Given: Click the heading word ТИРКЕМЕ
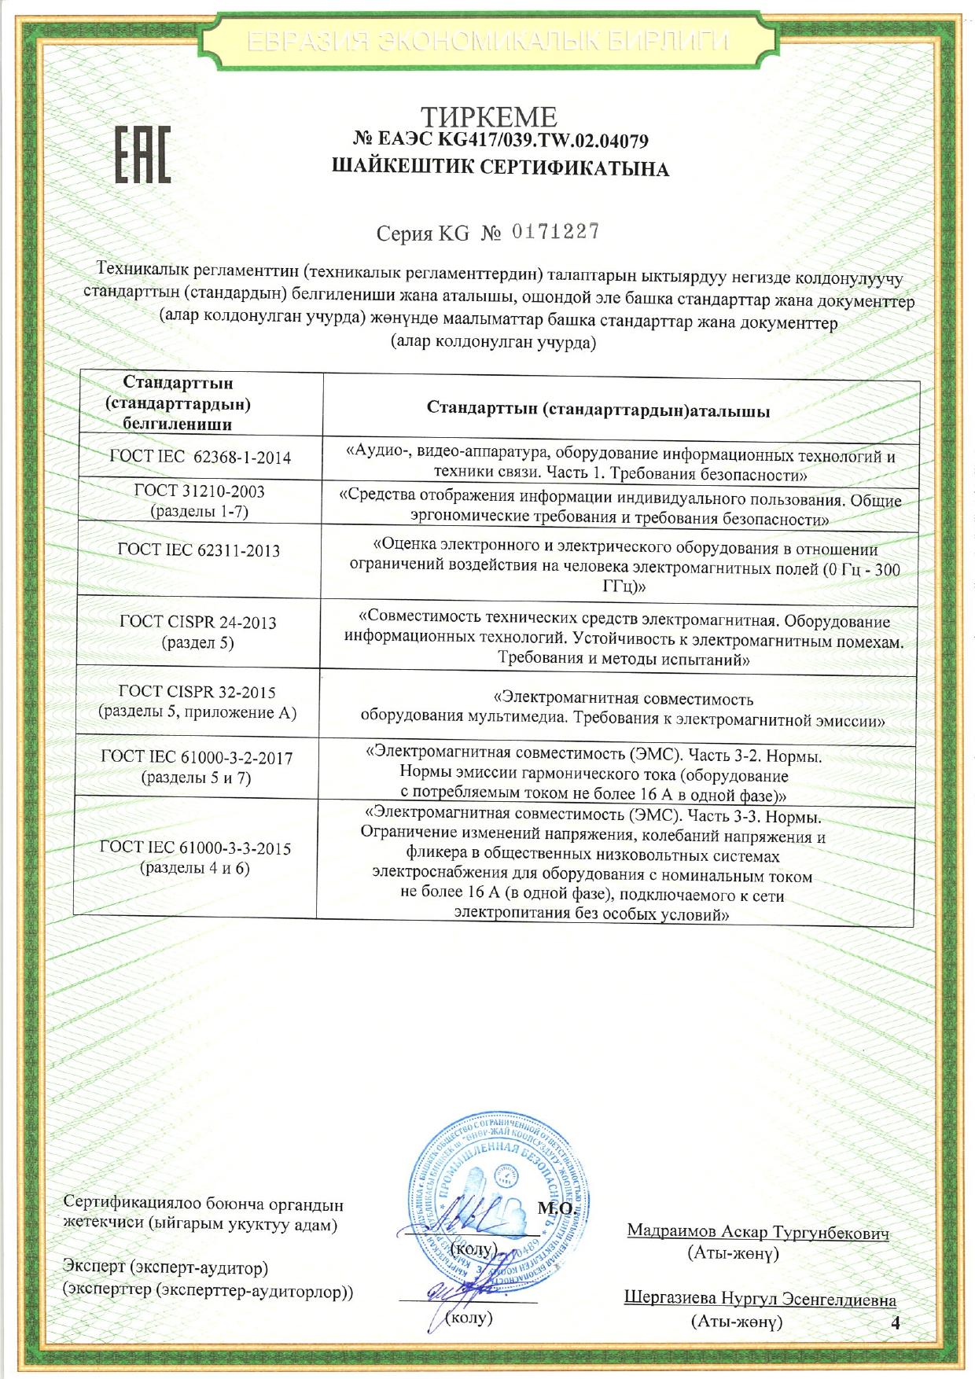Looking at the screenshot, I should [489, 118].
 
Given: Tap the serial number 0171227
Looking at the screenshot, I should [556, 231].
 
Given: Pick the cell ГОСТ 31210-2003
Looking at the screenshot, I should [200, 501].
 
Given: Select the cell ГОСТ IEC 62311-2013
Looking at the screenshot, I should [199, 550].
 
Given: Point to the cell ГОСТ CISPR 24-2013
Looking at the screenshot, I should [198, 632].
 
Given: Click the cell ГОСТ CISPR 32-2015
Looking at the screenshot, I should [197, 702].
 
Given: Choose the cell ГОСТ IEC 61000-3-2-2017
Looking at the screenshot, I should [197, 767].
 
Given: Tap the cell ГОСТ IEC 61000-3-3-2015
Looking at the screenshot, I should [195, 858].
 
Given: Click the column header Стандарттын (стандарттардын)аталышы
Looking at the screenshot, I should [598, 410].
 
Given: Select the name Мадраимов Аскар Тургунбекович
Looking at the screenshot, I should [758, 1232].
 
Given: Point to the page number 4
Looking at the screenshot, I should [894, 1322].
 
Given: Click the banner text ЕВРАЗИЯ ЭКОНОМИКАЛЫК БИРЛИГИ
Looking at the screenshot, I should [488, 41].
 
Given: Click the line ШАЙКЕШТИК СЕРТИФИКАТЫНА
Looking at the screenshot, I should [500, 168].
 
